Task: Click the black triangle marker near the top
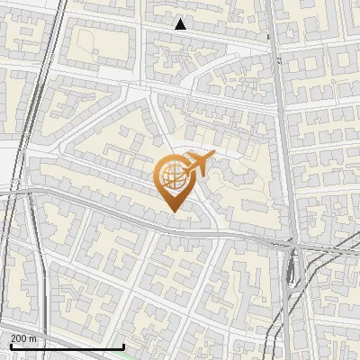pyautogui.click(x=181, y=24)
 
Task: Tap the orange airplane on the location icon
pyautogui.click(x=197, y=165)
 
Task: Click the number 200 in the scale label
pyautogui.click(x=19, y=338)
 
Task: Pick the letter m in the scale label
pyautogui.click(x=33, y=338)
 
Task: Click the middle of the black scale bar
pyautogui.click(x=67, y=346)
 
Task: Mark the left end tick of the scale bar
pyautogui.click(x=10, y=346)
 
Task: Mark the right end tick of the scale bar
pyautogui.click(x=123, y=346)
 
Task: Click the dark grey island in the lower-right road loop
pyautogui.click(x=290, y=270)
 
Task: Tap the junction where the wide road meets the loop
pyautogui.click(x=291, y=243)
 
